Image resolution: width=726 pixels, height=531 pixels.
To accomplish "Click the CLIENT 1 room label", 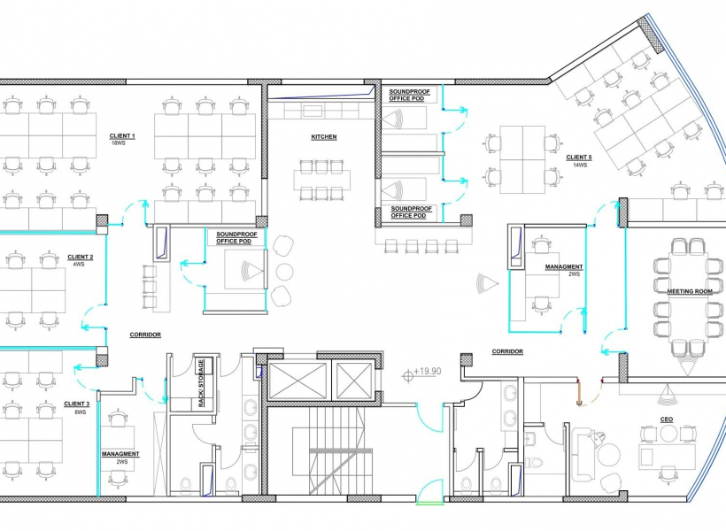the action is coord(122,136).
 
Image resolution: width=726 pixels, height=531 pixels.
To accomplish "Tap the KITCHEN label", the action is coord(324,137).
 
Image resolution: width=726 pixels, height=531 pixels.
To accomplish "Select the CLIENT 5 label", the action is coord(579,158).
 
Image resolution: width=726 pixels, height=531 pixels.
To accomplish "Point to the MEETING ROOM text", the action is coord(690,292).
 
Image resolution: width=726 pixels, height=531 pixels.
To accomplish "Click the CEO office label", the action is coord(667,419).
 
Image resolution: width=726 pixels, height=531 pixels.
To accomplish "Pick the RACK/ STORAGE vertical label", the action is coord(201,383).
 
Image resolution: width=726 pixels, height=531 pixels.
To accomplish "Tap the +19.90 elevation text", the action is coord(428,372).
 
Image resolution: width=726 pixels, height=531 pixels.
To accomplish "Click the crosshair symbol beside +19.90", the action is coord(408,375).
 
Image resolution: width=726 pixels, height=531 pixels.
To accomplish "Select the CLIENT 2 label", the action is coord(81,257).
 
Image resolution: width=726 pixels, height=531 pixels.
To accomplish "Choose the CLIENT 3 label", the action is coord(77,404).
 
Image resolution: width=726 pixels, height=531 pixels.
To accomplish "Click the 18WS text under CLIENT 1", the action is coord(119,143).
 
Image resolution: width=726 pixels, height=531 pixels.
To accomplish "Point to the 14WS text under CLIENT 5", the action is coord(580,165).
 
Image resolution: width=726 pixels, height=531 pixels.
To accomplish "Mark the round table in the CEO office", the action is coord(668,434).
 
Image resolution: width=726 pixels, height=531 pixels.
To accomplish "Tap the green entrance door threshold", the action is coord(429,503).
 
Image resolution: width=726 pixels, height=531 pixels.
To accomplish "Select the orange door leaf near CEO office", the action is coord(579,393).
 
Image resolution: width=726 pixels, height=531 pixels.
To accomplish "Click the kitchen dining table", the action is coord(321,179).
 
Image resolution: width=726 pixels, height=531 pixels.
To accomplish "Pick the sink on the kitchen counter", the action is coord(313,111).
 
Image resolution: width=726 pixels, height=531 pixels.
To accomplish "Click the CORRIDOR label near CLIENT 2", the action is coord(145,335).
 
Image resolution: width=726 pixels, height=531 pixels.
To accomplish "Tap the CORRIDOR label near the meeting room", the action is coord(507,352).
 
